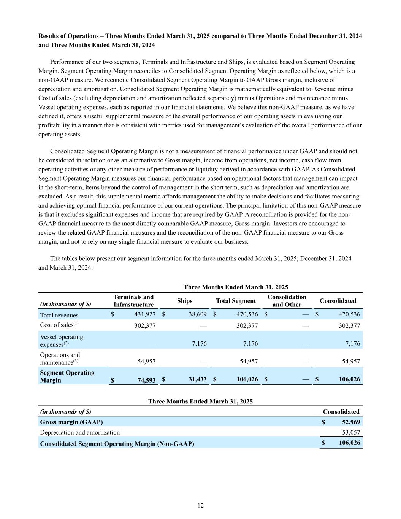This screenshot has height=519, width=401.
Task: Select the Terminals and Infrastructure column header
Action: [x=133, y=301]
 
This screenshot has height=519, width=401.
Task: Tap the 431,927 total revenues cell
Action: [x=145, y=314]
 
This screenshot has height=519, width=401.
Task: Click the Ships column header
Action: [x=185, y=301]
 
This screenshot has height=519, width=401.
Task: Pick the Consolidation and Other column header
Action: [x=287, y=301]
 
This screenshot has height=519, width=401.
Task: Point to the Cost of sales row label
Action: [x=59, y=325]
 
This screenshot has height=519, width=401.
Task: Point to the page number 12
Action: [x=201, y=505]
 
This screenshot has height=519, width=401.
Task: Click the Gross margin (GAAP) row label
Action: [x=71, y=422]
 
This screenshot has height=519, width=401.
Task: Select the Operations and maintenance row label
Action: [x=60, y=358]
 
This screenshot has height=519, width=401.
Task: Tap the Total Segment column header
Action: [x=236, y=301]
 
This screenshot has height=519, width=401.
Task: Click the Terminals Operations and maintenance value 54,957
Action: [x=146, y=361]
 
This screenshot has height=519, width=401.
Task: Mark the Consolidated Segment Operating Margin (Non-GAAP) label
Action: [x=117, y=444]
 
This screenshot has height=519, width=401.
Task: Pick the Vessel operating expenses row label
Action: [x=62, y=341]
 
